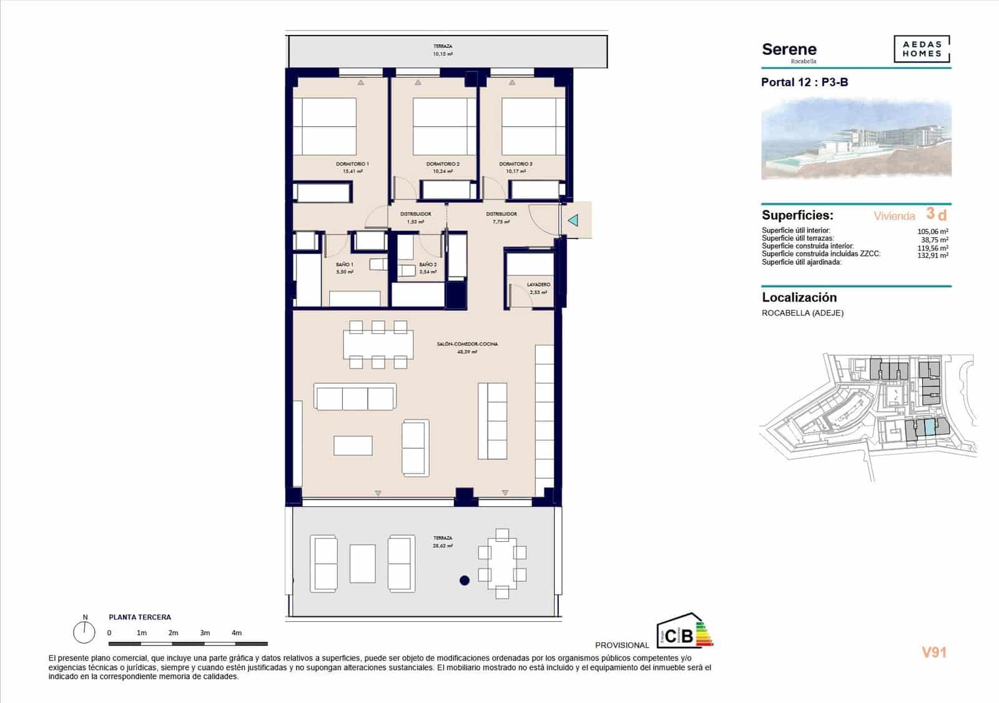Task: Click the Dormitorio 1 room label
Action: pyautogui.click(x=352, y=164)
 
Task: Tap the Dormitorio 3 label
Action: pyautogui.click(x=516, y=164)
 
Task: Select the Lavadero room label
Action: pyautogui.click(x=538, y=285)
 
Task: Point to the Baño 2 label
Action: pyautogui.click(x=428, y=265)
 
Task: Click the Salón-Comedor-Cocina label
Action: pyautogui.click(x=467, y=344)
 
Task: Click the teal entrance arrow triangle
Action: pyautogui.click(x=573, y=220)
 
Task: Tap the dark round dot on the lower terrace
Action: pyautogui.click(x=465, y=581)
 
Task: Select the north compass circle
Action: pyautogui.click(x=84, y=633)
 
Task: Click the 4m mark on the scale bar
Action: pyautogui.click(x=237, y=633)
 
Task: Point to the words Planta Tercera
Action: pyautogui.click(x=140, y=617)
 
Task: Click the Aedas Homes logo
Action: pyautogui.click(x=922, y=49)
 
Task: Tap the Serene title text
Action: pyautogui.click(x=789, y=49)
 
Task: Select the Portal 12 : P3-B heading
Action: pyautogui.click(x=804, y=82)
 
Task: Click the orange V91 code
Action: pyautogui.click(x=934, y=652)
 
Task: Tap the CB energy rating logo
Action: pyautogui.click(x=683, y=632)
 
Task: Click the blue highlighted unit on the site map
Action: pyautogui.click(x=930, y=428)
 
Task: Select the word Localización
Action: pyautogui.click(x=799, y=298)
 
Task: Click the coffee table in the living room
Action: pyautogui.click(x=353, y=445)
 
